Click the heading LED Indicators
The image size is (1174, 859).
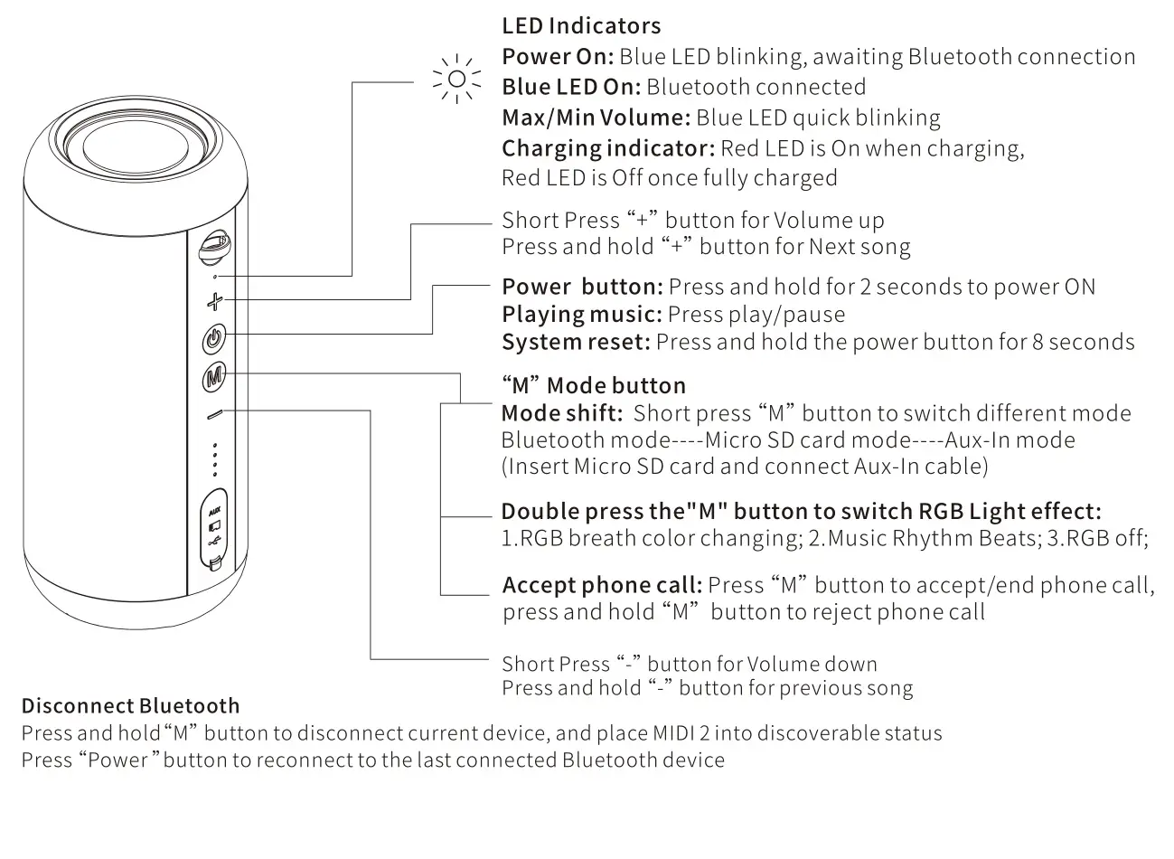point(580,26)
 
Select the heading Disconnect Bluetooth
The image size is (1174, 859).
point(131,706)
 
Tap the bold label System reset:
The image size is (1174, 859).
point(576,342)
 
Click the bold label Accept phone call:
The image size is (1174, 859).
point(602,585)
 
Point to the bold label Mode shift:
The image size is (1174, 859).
point(561,413)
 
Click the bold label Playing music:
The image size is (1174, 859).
point(582,315)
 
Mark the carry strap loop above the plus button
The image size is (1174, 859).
point(215,245)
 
